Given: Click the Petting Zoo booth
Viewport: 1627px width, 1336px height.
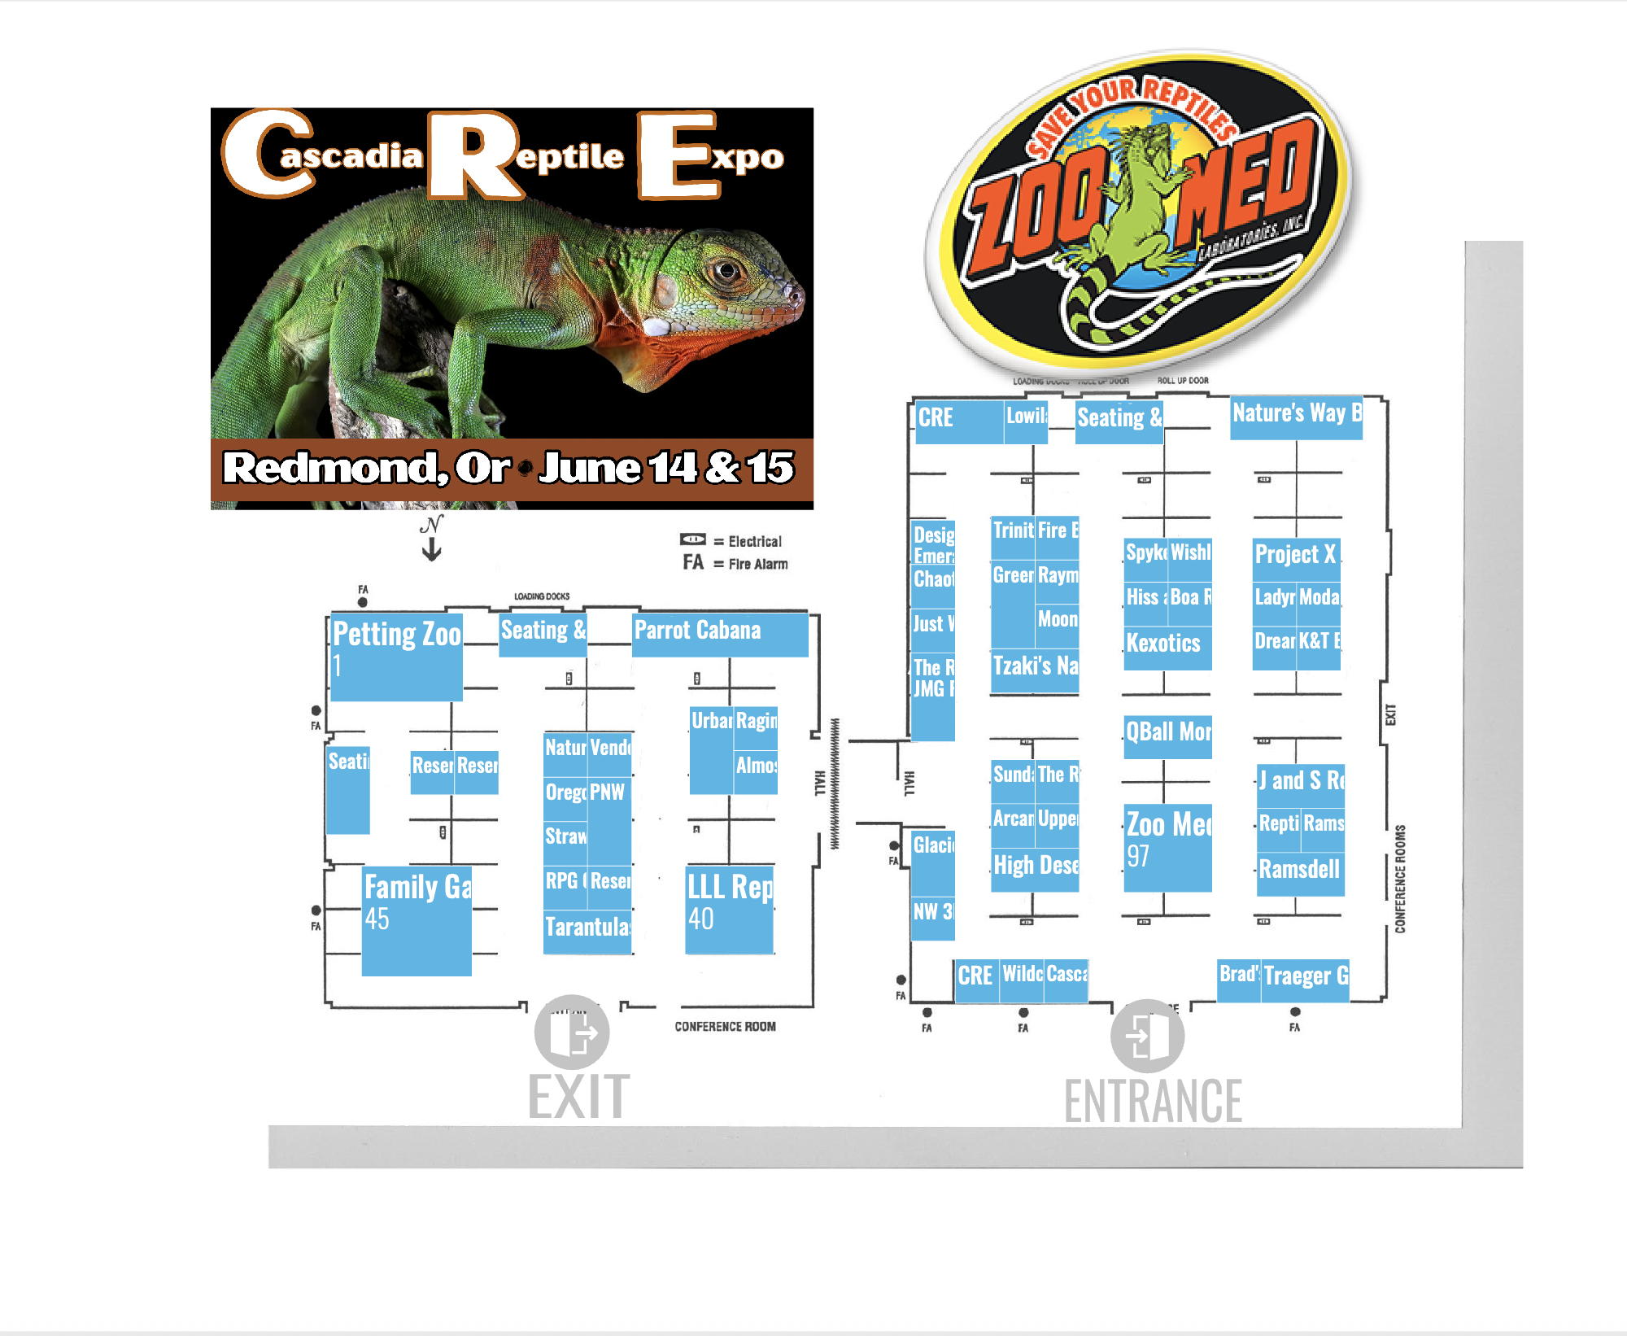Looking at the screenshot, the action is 396,657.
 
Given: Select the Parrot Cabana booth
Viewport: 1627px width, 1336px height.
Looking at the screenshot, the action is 720,635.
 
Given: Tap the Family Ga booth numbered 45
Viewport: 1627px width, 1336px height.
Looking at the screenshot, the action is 417,920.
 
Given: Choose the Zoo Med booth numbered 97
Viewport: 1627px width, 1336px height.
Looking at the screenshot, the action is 1167,848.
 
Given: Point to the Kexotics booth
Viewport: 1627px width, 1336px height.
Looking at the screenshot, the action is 1167,648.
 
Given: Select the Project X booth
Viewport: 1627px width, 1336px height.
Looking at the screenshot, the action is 1296,559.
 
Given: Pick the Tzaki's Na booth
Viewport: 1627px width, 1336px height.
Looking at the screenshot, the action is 1035,670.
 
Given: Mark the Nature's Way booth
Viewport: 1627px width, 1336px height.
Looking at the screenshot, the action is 1296,417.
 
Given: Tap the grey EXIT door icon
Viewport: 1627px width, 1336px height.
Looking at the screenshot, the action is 572,1033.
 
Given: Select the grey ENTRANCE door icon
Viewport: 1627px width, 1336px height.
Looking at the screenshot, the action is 1147,1037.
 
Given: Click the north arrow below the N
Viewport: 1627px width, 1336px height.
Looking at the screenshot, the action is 432,550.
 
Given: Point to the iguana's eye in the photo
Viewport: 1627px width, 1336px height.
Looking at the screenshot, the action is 726,270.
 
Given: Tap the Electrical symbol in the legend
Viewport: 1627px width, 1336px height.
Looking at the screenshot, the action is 693,539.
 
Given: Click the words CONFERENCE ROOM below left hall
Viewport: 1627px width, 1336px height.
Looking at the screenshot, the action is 725,1027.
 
